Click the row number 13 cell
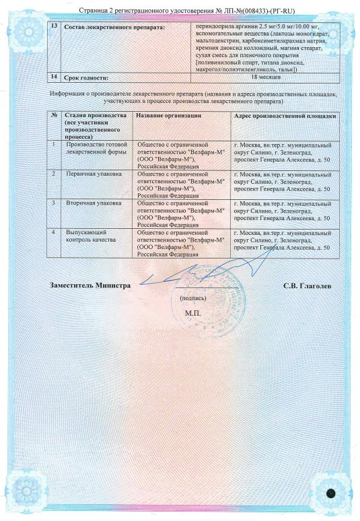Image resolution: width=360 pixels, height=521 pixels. pyautogui.click(x=54, y=24)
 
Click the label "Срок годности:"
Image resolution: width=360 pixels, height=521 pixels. pyautogui.click(x=85, y=78)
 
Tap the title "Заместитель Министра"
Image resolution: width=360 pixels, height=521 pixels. pyautogui.click(x=90, y=285)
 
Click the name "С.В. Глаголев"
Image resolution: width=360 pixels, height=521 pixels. pyautogui.click(x=308, y=285)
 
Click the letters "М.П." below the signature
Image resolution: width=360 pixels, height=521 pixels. pyautogui.click(x=192, y=314)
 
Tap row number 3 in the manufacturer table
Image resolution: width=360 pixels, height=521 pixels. pyautogui.click(x=54, y=202)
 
